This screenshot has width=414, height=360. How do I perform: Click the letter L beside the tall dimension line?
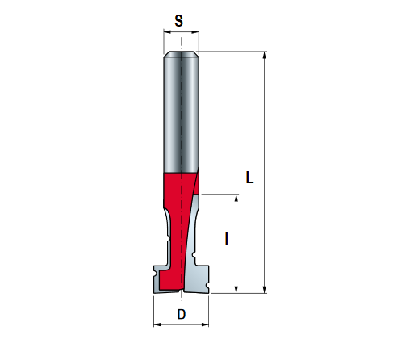pos(250,178)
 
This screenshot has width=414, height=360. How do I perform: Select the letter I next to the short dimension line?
pos(227,239)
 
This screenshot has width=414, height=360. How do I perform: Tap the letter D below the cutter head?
pos(182,314)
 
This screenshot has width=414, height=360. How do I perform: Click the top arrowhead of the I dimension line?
pos(236,199)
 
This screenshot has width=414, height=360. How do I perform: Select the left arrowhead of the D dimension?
pos(157,326)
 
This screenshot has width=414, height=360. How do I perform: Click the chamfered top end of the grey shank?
pos(182,56)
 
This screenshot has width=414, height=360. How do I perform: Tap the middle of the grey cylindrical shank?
pos(182,113)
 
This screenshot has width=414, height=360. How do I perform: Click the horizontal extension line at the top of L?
pos(234,52)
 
